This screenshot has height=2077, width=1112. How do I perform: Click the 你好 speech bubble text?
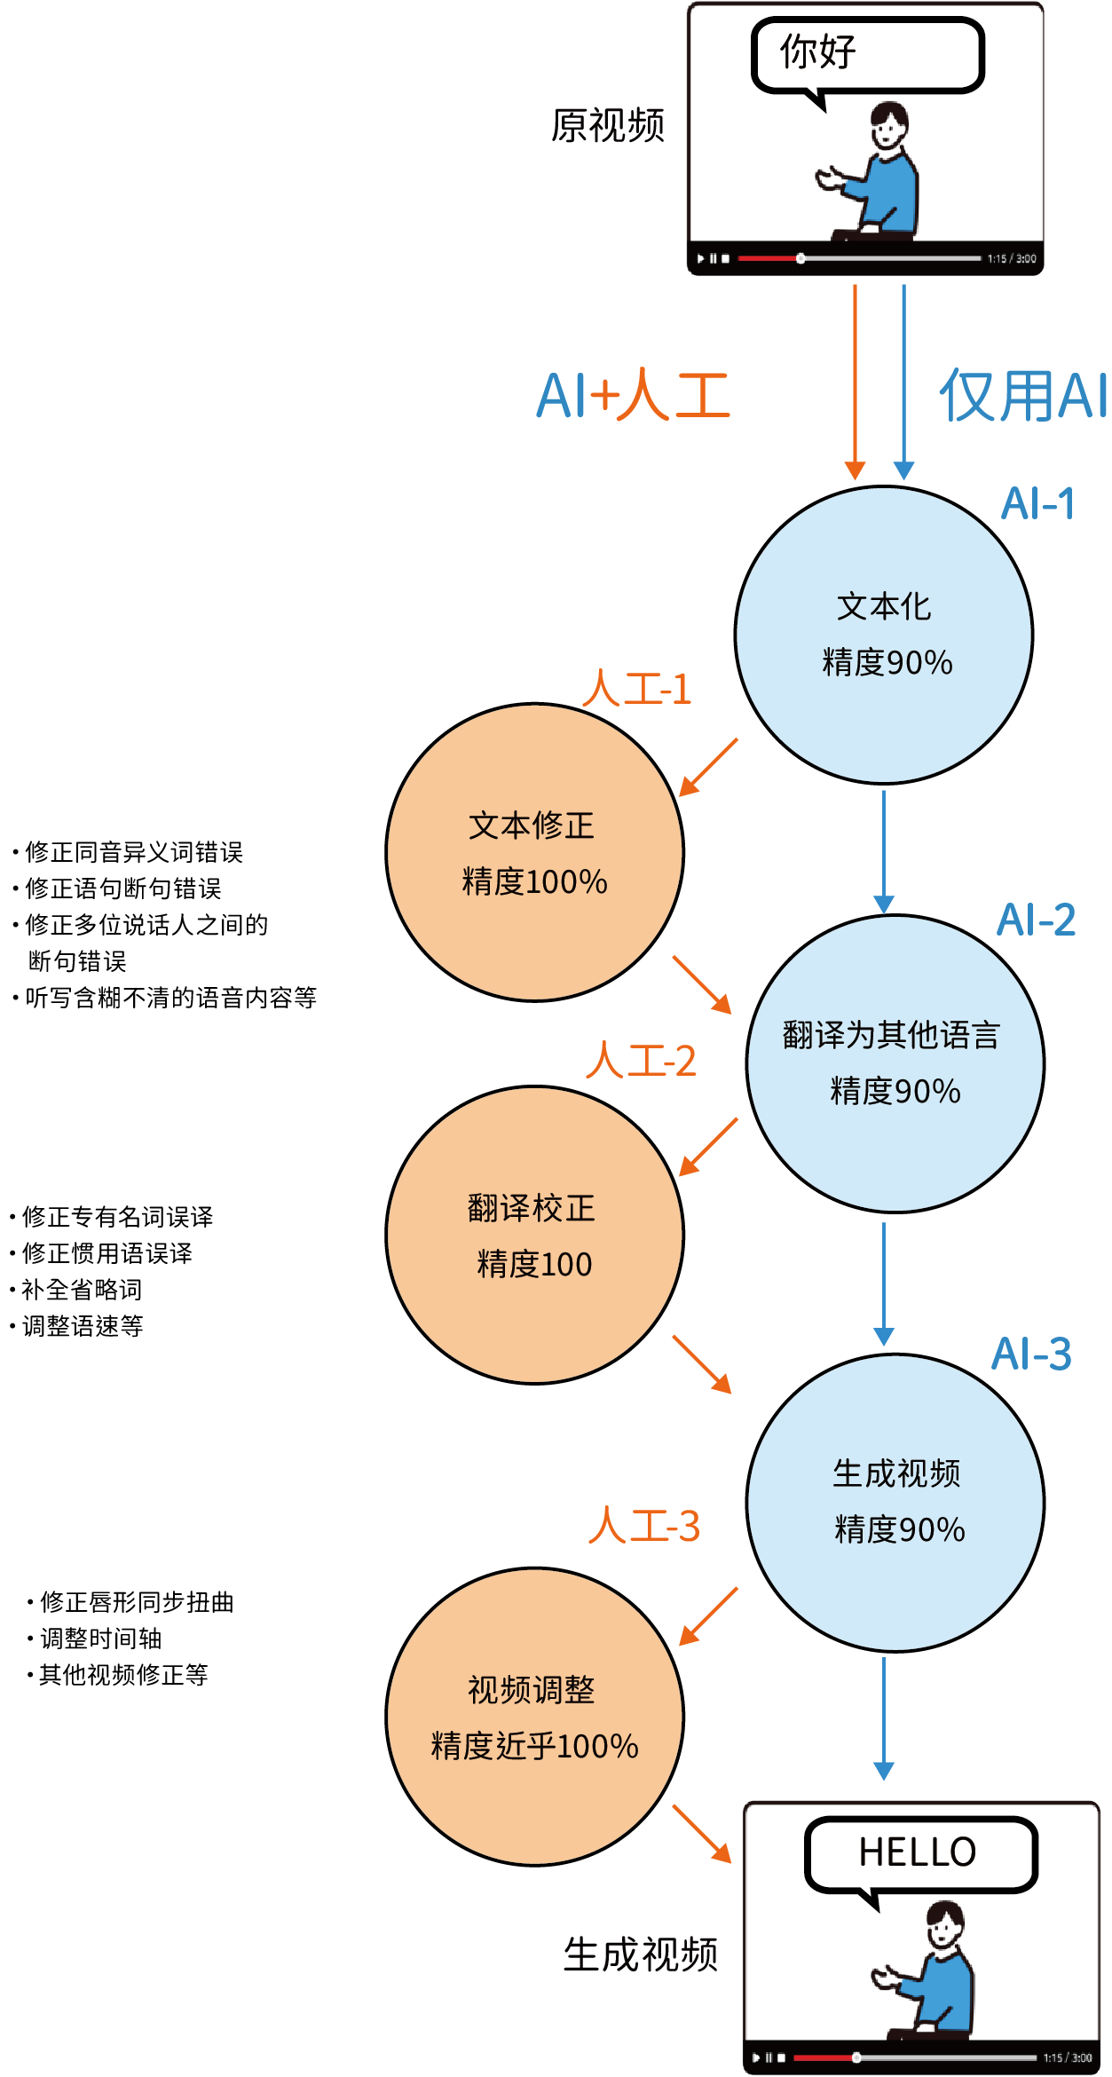[817, 51]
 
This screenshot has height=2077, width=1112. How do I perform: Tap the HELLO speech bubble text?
[917, 1852]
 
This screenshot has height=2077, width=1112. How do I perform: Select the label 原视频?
[608, 125]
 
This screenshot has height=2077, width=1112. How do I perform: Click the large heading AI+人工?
[634, 395]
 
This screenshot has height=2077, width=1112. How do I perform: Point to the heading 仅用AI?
[1022, 396]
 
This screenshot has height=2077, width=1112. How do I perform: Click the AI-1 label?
[1037, 504]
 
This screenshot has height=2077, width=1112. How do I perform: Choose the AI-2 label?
[1036, 920]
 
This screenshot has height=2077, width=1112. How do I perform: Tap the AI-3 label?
[1031, 1354]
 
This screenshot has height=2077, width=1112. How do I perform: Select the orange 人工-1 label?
[637, 689]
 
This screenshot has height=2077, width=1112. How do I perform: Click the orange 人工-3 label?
[644, 1526]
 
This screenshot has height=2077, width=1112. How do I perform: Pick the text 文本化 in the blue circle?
[884, 607]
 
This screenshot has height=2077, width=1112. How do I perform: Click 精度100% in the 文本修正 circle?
[534, 882]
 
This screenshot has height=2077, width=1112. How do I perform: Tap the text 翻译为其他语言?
[891, 1035]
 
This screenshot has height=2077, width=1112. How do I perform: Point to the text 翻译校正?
[532, 1208]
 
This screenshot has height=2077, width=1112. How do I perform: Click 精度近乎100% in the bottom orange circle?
[534, 1747]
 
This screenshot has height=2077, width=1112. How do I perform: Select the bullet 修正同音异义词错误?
[133, 852]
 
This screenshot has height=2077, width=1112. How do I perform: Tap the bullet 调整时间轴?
[100, 1639]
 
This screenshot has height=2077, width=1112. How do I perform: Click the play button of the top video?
[700, 259]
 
